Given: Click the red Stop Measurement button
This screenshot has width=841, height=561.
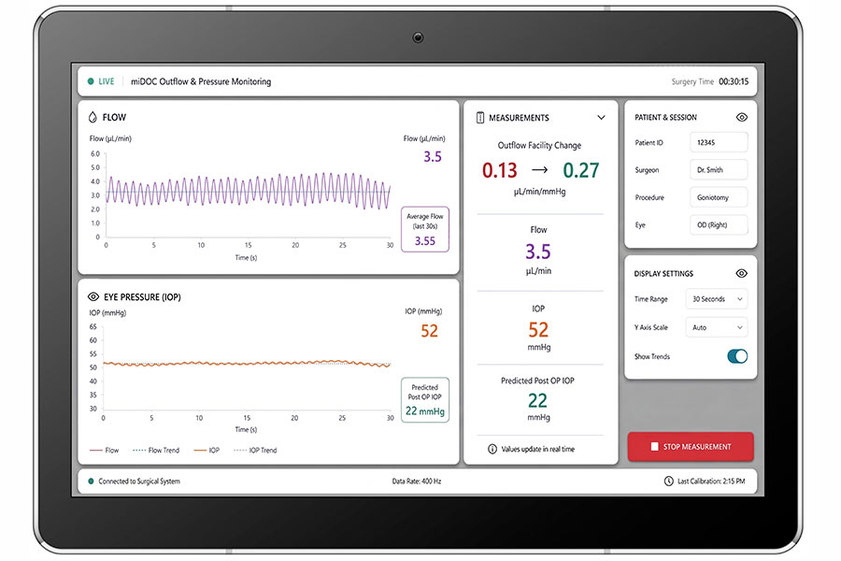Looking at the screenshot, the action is coord(691,447).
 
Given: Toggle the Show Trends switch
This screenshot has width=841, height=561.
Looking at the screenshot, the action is coord(737,356).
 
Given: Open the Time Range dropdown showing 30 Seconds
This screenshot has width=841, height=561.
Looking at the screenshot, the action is coord(717,299).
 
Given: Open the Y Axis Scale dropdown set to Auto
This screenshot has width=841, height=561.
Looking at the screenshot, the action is coord(717,327).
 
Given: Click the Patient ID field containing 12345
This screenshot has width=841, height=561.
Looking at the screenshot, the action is coord(719,142).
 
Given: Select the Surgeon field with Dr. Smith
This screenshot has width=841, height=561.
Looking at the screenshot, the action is coord(719,169).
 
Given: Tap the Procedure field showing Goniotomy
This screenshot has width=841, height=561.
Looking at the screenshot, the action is coord(719,197).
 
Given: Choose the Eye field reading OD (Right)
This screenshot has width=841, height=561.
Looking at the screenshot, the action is coord(719,225).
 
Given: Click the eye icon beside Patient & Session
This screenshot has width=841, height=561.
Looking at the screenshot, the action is coord(742,117).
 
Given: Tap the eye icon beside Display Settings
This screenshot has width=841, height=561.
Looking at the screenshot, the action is coord(742,273).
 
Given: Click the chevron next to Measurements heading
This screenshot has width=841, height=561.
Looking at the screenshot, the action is coord(601,118).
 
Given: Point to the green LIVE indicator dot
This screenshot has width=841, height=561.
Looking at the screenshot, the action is coord(91,81).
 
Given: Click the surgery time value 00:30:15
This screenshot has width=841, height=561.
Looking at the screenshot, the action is coord(734,81).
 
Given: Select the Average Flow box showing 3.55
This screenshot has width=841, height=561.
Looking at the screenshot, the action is coord(425,229).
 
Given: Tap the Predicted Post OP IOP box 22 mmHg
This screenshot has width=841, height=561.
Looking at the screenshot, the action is coord(425,400).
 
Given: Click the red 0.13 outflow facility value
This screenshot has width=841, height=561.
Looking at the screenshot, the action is coord(499,170).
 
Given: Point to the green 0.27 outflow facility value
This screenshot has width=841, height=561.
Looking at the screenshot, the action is coord(581,170).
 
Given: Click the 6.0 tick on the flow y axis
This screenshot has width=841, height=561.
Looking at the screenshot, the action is coord(95,153).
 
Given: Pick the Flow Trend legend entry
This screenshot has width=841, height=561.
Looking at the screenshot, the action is coord(155,450).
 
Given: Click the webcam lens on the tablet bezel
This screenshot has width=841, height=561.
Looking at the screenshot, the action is coord(418,37).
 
